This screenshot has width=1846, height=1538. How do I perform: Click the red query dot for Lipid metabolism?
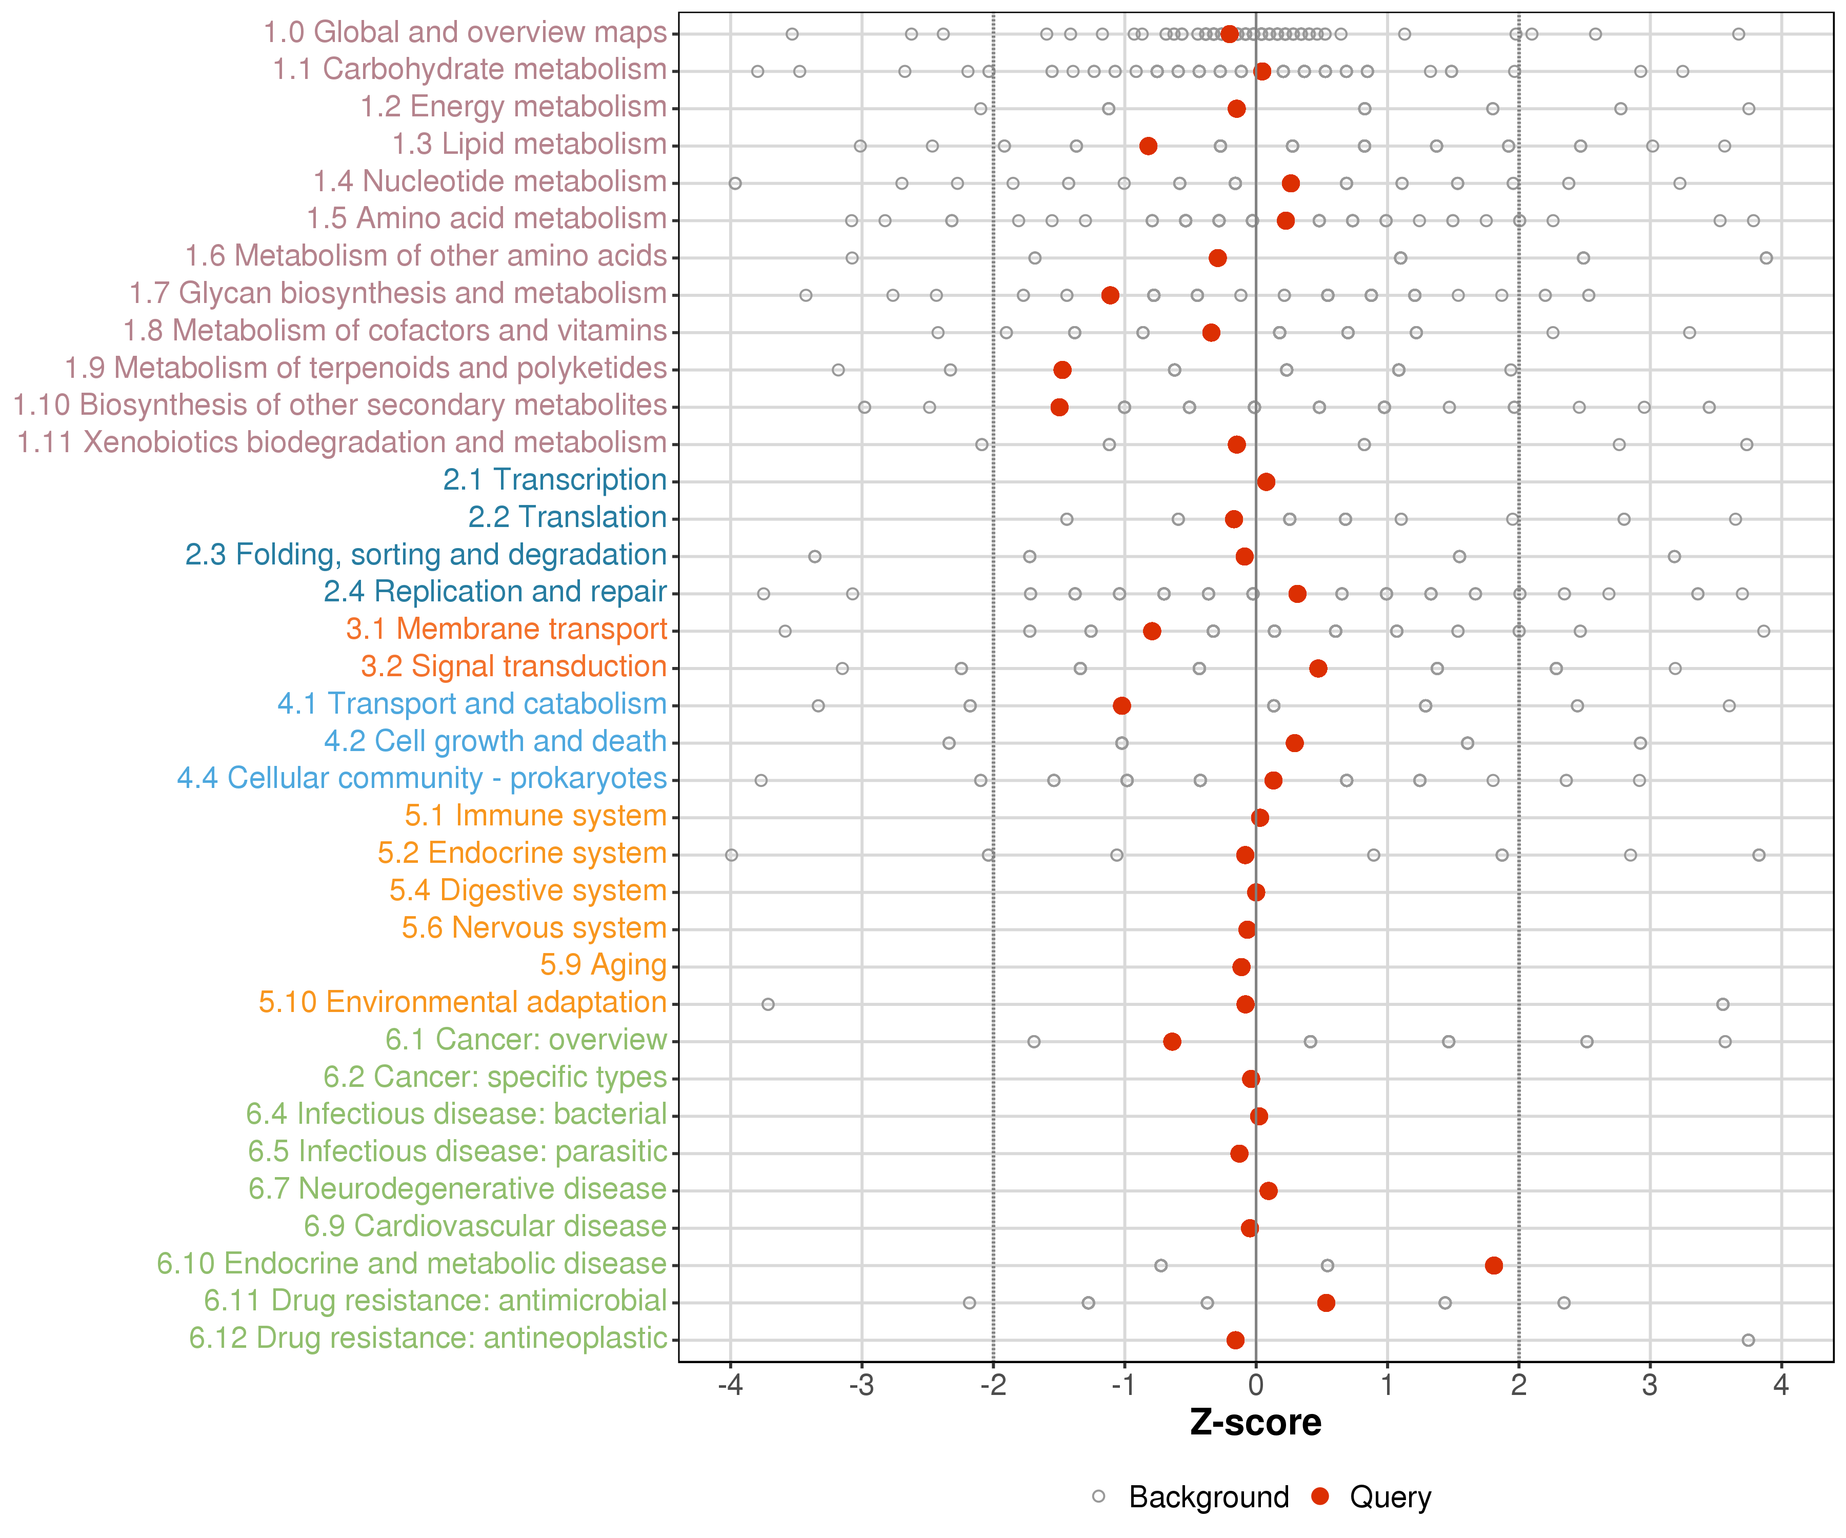1148,146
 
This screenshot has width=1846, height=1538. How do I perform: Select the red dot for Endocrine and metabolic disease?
1494,1266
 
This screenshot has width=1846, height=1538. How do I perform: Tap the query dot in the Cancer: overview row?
1172,1041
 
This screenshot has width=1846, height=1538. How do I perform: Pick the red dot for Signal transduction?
1318,669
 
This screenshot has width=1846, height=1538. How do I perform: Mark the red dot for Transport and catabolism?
1121,706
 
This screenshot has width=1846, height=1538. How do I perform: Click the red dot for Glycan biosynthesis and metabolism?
1110,295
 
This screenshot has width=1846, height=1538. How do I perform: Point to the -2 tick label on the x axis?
992,1386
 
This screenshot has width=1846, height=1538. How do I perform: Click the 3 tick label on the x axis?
1650,1386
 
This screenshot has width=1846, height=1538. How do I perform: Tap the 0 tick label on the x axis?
1255,1386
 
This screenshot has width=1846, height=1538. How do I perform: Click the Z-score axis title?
1255,1423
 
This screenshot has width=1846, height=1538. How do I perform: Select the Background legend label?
1209,1496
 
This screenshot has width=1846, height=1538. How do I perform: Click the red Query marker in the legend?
1319,1496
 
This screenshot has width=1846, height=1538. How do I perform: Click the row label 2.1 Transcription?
555,480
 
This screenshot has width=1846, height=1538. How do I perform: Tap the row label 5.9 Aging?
603,965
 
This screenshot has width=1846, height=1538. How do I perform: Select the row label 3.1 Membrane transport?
506,629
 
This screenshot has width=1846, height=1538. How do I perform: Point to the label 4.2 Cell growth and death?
495,741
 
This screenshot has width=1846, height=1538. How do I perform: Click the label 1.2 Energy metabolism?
513,106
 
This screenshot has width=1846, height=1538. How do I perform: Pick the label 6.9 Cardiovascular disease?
485,1226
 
